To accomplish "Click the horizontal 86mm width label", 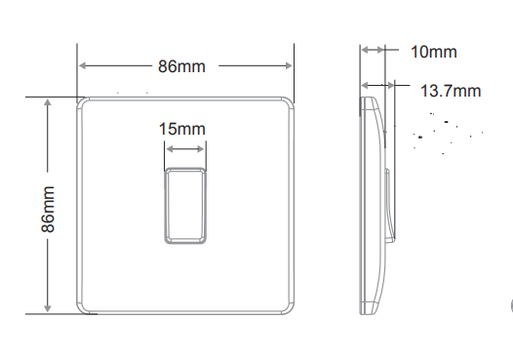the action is pyautogui.click(x=181, y=66).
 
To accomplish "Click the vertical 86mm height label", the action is pyautogui.click(x=48, y=209).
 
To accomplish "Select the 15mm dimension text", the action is pyautogui.click(x=182, y=129).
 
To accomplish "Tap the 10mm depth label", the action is pyautogui.click(x=433, y=52).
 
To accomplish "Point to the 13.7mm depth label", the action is pyautogui.click(x=451, y=91).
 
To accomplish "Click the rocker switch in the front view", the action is pyautogui.click(x=185, y=206).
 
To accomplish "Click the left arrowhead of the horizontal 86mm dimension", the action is pyautogui.click(x=83, y=65).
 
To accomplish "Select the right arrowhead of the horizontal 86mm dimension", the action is pyautogui.click(x=289, y=65).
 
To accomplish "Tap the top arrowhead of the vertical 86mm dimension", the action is pyautogui.click(x=48, y=102).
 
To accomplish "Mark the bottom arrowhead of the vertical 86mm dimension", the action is pyautogui.click(x=48, y=308).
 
